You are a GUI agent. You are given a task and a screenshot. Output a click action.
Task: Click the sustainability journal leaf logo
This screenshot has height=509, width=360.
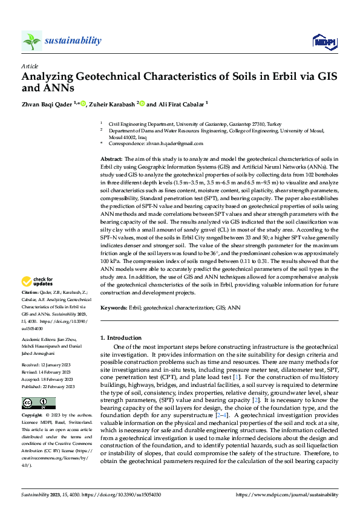[31, 41]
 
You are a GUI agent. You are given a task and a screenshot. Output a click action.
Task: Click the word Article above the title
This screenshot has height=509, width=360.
[30, 66]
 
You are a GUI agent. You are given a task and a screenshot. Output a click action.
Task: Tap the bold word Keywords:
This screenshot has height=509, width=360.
[114, 308]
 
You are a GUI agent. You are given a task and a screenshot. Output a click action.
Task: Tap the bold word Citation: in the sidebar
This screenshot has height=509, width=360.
[32, 292]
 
